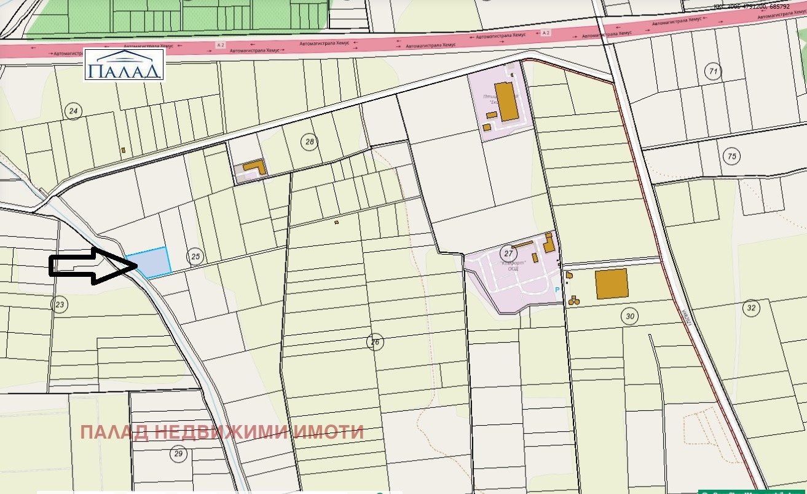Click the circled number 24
(74, 111)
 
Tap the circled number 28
(310, 142)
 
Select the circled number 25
(195, 257)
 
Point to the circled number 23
(60, 304)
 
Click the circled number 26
(376, 342)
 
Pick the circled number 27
(508, 253)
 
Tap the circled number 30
(629, 317)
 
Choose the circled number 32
(751, 308)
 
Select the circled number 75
(731, 156)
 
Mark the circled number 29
(178, 454)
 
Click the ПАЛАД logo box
(124, 65)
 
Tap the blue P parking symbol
(557, 290)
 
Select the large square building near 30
(612, 284)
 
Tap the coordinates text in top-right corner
(751, 6)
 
